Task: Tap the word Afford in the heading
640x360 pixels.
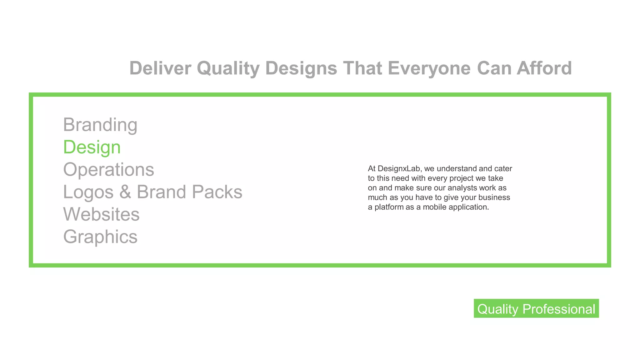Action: [544, 68]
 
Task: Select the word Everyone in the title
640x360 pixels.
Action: [429, 68]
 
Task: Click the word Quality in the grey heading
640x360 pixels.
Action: [228, 68]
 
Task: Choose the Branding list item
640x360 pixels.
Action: [100, 125]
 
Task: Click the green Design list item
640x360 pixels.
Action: [92, 147]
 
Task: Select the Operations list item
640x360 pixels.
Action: [108, 170]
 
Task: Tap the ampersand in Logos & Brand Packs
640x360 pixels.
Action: [125, 192]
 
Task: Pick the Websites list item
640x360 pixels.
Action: [101, 214]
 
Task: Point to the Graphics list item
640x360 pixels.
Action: [100, 237]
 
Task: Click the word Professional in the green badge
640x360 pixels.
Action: [558, 309]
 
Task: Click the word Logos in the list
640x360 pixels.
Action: [88, 192]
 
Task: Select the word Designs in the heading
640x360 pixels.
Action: [301, 68]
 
